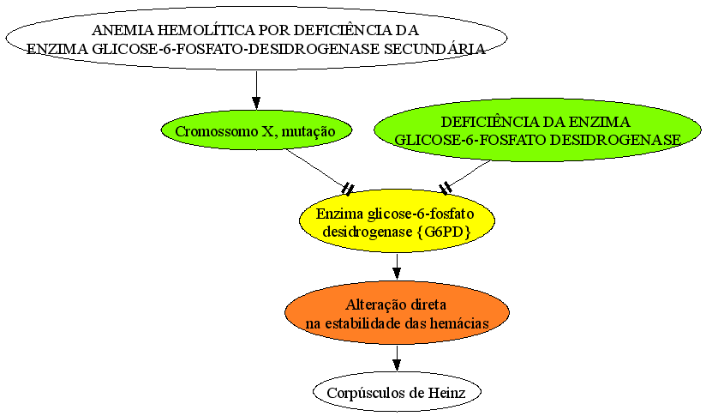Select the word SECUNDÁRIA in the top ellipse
(434, 49)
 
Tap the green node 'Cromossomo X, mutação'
(256, 130)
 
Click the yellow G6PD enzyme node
(398, 220)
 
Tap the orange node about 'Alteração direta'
(398, 313)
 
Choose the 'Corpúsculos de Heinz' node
(397, 392)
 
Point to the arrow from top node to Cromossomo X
(256, 90)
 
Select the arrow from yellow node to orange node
(397, 267)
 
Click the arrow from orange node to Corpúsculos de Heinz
(397, 359)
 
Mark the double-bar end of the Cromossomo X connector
(348, 189)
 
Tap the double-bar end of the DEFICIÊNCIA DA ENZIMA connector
(446, 188)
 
